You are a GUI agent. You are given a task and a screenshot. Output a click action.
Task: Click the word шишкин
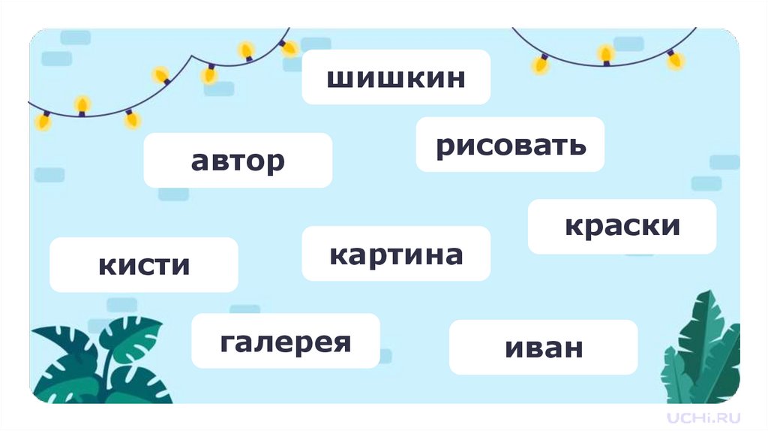tap(396, 77)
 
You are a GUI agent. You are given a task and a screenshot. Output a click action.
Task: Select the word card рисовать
tap(510, 144)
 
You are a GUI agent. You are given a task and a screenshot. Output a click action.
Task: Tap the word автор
tap(238, 160)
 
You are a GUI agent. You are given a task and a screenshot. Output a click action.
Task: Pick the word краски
tap(622, 226)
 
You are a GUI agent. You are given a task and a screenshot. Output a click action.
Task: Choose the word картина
tap(396, 255)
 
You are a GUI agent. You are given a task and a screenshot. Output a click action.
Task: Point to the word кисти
tap(144, 264)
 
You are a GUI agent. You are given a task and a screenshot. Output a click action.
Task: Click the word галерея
tap(286, 342)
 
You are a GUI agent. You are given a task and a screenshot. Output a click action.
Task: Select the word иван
tap(543, 348)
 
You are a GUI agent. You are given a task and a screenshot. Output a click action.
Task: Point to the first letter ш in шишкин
tap(338, 77)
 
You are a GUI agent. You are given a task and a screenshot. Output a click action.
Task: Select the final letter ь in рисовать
tap(577, 144)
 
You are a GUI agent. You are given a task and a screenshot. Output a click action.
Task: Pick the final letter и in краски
tap(671, 226)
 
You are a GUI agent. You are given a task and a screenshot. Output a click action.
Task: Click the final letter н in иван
tap(572, 348)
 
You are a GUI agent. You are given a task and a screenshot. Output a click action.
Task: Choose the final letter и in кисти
tap(181, 265)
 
